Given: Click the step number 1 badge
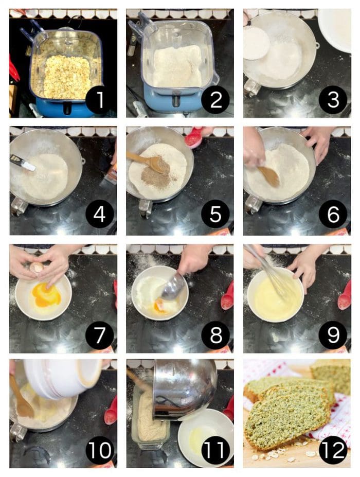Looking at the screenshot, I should pos(99,99).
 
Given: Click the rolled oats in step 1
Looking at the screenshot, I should pos(67,77).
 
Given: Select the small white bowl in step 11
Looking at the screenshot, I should pos(205,437).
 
